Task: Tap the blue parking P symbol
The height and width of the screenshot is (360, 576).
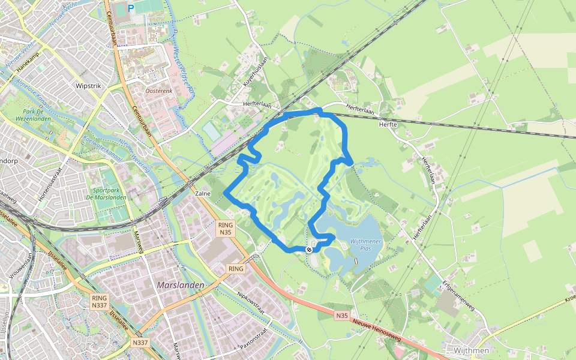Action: click(x=131, y=8)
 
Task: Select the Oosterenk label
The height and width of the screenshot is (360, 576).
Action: click(x=159, y=91)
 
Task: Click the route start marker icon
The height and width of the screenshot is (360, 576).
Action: click(x=309, y=250)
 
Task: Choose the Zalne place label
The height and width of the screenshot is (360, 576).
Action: click(x=203, y=194)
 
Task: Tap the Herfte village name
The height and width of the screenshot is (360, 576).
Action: click(x=389, y=124)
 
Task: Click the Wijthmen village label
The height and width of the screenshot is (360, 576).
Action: click(x=472, y=350)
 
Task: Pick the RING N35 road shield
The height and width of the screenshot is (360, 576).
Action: click(x=226, y=229)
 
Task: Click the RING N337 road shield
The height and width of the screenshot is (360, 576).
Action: click(x=100, y=301)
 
